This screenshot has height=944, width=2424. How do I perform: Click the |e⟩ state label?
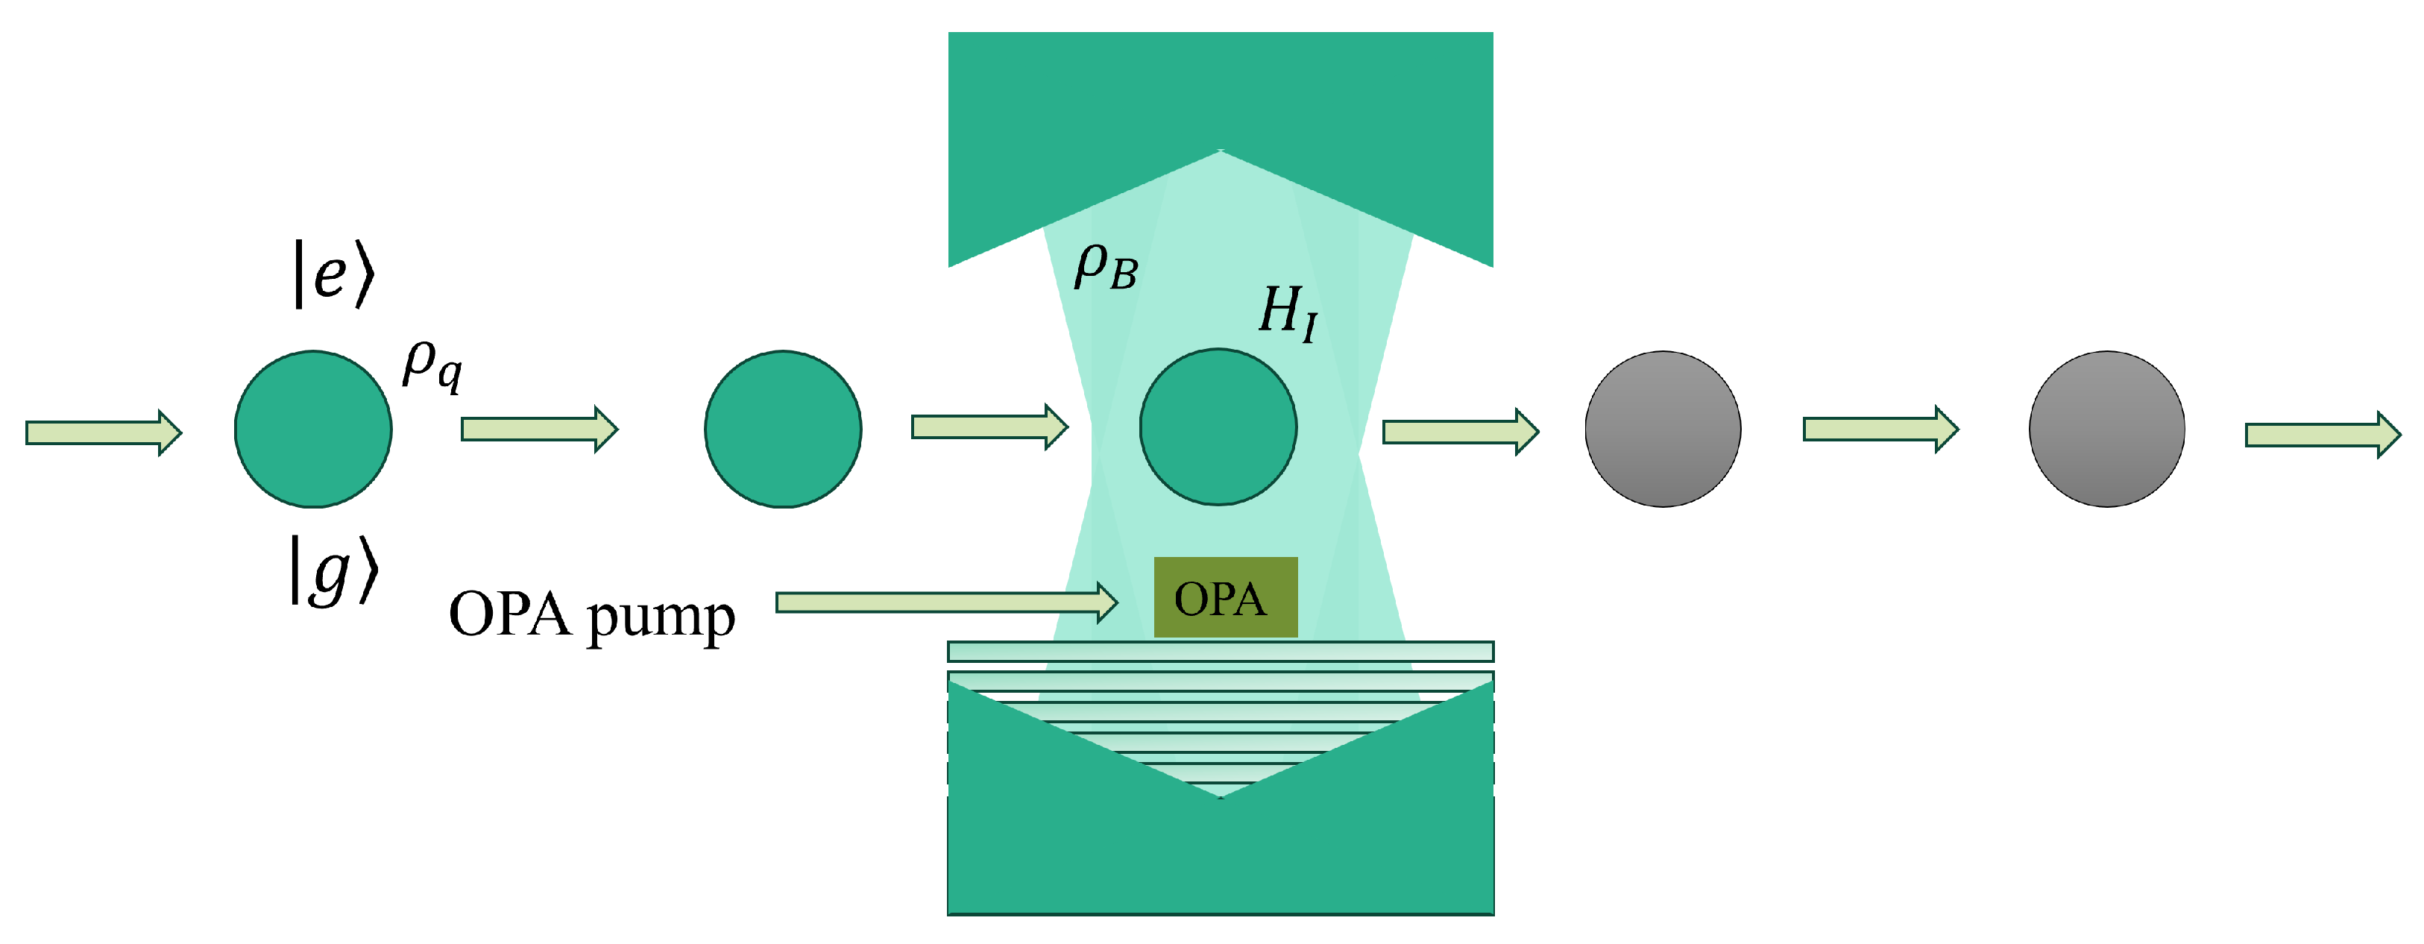pos(334,274)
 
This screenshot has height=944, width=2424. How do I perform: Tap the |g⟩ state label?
pos(334,570)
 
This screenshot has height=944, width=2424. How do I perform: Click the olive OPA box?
pos(1225,598)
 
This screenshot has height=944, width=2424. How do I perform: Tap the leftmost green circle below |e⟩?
pos(313,429)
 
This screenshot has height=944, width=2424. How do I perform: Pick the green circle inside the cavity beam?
pos(1218,427)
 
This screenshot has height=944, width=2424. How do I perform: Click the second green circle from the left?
pos(783,429)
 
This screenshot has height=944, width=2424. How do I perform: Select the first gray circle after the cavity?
pos(1663,429)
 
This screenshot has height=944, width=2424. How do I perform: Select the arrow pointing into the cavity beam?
pos(989,427)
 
